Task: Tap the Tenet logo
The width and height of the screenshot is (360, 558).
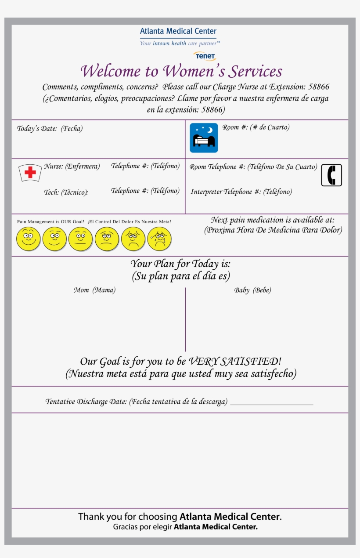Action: tap(205, 56)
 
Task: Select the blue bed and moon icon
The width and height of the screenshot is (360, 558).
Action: tap(204, 138)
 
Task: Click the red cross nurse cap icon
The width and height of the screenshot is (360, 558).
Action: tap(30, 172)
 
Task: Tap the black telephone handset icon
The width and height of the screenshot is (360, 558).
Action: tap(331, 175)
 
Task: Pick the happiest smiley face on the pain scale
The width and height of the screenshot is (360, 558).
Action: tap(28, 239)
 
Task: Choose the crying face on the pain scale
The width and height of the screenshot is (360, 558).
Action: tap(159, 239)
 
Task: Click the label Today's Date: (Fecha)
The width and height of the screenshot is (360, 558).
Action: tap(50, 129)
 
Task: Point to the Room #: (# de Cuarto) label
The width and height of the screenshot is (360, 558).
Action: tap(256, 127)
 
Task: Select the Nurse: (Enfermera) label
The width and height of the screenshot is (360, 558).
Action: tap(72, 167)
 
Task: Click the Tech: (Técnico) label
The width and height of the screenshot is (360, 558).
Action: tap(66, 192)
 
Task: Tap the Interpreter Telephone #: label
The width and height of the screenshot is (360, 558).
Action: tap(241, 192)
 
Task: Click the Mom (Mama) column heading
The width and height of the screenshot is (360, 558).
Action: tap(94, 290)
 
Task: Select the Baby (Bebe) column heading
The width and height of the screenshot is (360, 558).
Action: tap(252, 290)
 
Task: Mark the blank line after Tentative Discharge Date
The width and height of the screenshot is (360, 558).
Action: tap(271, 403)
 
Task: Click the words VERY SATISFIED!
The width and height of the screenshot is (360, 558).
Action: tap(235, 361)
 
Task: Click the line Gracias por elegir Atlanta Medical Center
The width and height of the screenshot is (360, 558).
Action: tap(185, 526)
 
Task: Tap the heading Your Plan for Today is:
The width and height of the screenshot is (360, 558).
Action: tap(180, 264)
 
